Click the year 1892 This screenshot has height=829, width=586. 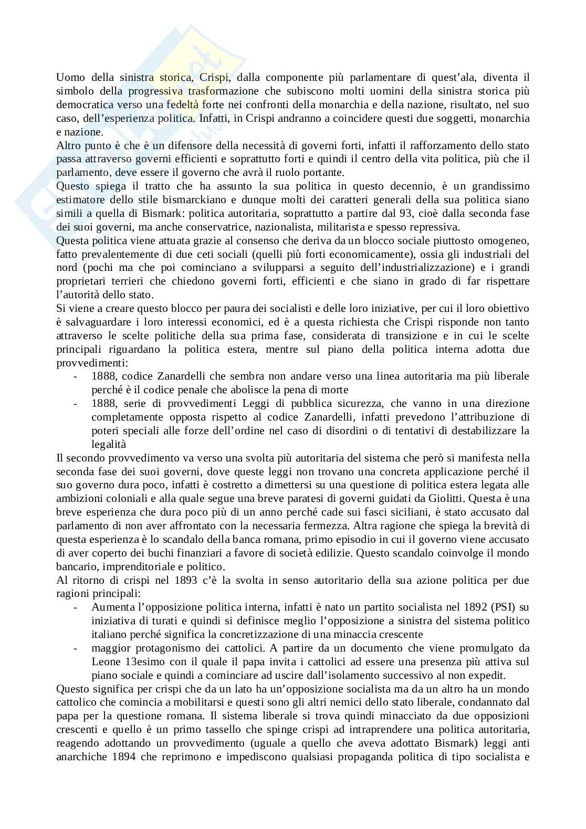point(476,607)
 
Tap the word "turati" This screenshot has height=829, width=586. point(146,621)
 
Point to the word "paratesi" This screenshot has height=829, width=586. point(285,498)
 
